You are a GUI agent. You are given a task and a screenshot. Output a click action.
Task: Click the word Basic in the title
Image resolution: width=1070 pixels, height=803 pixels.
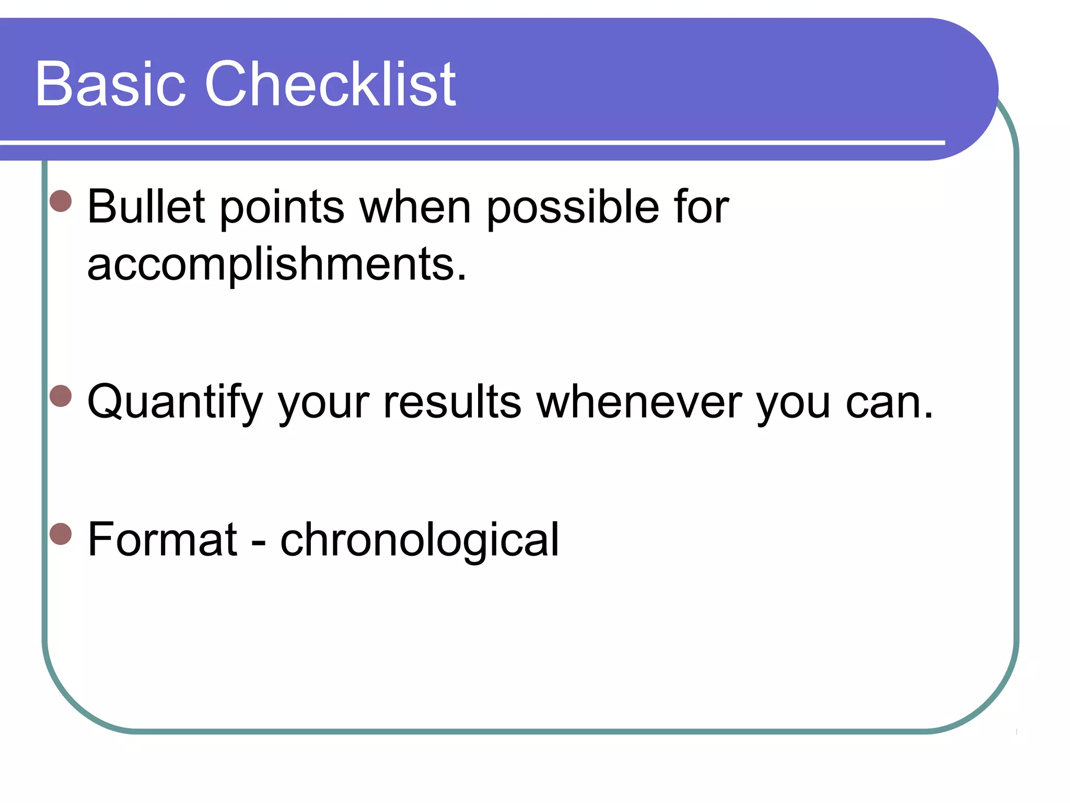(110, 84)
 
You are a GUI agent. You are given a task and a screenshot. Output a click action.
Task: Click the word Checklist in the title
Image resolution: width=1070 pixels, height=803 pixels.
(330, 84)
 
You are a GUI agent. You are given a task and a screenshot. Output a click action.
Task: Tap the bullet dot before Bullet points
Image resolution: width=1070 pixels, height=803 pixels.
(61, 201)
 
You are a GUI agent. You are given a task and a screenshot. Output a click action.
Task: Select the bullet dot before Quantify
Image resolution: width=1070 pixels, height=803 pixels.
(61, 396)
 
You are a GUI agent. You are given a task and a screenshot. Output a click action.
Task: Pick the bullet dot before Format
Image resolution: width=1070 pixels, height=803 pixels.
(61, 534)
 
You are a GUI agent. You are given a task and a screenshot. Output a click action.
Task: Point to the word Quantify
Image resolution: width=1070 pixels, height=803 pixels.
(175, 403)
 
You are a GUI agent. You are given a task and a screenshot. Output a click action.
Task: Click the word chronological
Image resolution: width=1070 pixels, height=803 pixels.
(420, 540)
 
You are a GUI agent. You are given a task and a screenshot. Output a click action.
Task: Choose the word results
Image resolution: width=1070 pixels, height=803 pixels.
(452, 403)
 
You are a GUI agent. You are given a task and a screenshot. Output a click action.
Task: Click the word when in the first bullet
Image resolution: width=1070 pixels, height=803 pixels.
(415, 208)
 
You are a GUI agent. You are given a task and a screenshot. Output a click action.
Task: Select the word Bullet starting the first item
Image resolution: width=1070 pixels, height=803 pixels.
(146, 207)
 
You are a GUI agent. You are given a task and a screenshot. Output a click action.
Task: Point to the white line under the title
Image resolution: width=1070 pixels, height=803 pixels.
(470, 142)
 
